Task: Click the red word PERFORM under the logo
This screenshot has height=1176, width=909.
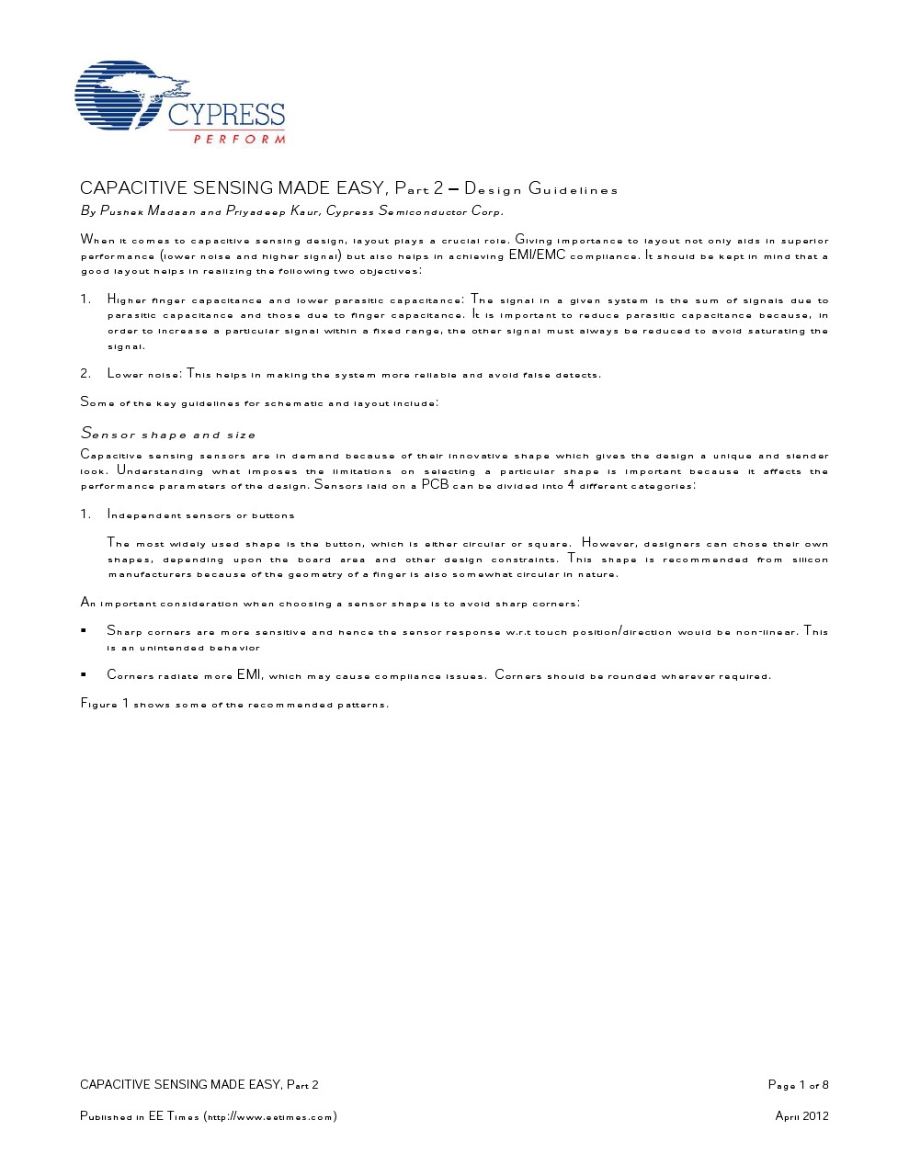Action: (x=239, y=140)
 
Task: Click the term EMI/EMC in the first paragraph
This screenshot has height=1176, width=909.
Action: (x=537, y=255)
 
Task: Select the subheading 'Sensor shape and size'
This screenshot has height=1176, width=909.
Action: (x=168, y=434)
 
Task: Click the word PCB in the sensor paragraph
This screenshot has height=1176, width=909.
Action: (x=434, y=484)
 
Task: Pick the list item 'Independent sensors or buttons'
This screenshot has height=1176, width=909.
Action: (x=200, y=515)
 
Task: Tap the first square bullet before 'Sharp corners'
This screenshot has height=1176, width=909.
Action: (x=84, y=631)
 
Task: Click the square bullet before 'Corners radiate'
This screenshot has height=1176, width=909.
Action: (x=84, y=675)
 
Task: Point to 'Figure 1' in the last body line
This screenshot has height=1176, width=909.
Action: (x=105, y=705)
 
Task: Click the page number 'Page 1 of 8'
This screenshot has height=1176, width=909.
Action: (x=798, y=1085)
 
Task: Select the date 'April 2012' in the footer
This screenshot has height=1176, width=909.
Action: (x=801, y=1116)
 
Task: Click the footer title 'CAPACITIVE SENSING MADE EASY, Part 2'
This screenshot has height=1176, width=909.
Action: (x=199, y=1085)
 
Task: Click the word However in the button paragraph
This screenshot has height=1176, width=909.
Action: (x=608, y=543)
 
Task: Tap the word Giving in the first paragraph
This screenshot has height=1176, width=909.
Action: (x=533, y=241)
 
